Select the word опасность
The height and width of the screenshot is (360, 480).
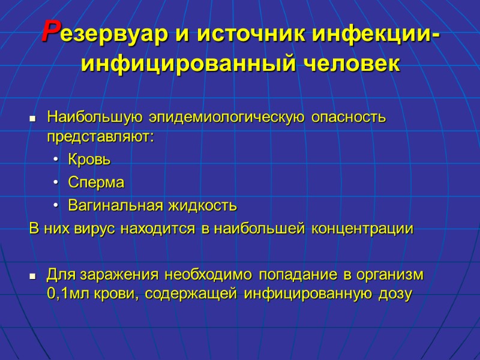point(349,117)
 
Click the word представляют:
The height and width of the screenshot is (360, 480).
point(100,137)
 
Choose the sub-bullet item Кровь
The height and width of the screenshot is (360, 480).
point(89,160)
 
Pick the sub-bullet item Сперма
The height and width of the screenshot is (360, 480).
point(95,183)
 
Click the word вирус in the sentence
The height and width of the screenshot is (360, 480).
point(97,229)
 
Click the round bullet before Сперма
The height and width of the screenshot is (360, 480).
point(55,183)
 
